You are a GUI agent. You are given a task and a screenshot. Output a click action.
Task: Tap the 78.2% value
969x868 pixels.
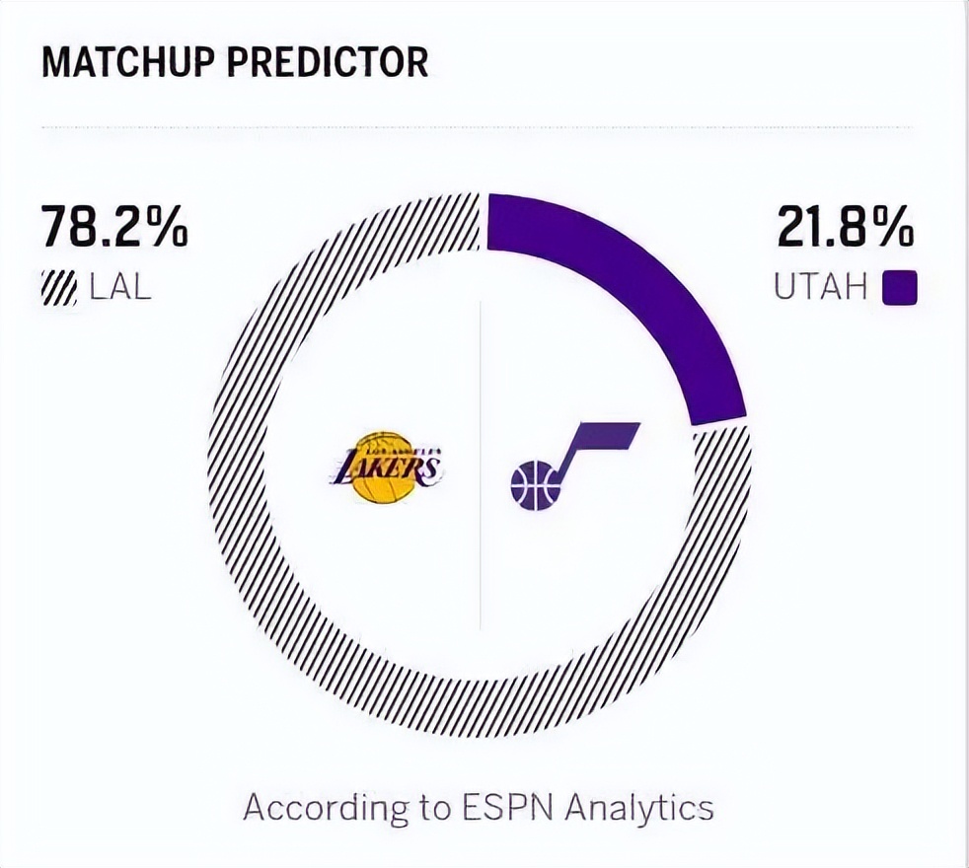tap(114, 229)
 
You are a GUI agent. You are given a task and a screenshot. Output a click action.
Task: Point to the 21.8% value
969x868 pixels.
tap(846, 229)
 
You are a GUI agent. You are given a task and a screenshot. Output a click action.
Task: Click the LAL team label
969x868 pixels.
tap(119, 289)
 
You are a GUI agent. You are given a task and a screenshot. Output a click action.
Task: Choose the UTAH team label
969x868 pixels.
tap(820, 289)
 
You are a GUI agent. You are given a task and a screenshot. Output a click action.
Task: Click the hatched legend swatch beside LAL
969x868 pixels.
tap(59, 289)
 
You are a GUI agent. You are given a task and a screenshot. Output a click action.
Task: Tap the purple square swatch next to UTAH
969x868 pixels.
tap(899, 289)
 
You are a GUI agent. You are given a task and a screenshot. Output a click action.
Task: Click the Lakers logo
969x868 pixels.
tap(384, 468)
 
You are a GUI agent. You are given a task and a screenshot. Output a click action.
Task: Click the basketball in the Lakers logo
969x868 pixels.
tap(383, 470)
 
